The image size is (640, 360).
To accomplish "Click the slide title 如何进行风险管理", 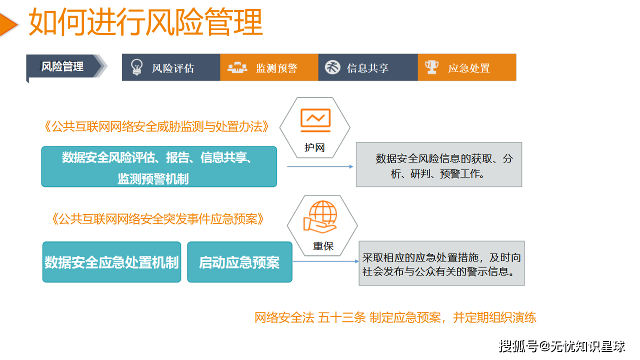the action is point(145,22).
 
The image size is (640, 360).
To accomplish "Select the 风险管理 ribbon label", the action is point(62,66).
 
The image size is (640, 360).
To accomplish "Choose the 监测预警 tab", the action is point(276,68).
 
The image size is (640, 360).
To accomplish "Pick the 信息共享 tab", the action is point(367,68).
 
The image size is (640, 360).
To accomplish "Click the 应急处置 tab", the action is point(468,68).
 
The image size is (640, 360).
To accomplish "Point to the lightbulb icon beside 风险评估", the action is point(136,67).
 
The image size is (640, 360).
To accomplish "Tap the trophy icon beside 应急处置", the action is point(431,66).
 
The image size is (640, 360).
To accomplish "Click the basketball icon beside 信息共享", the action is point(332,67).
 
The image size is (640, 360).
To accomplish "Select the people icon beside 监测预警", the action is point(237,67).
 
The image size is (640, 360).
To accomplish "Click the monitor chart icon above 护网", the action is point(315,120).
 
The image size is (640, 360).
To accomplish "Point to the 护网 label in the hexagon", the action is point(314,147).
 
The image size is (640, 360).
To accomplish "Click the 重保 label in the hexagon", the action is point(323,246).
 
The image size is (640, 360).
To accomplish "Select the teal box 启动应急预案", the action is point(239,262).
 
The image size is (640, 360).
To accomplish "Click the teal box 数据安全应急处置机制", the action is point(111,262).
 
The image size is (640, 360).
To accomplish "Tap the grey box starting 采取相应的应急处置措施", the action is point(441,263).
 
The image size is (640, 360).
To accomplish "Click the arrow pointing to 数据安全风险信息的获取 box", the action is point(320,166).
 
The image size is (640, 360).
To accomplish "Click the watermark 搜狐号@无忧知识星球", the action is point(562,346).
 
